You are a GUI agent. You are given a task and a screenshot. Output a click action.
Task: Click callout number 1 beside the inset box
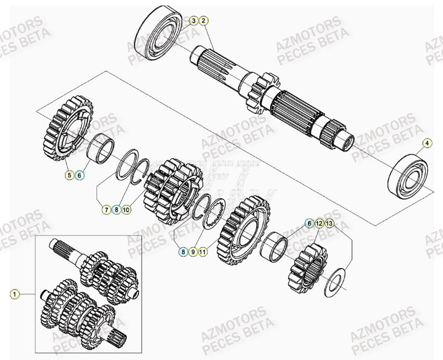pyautogui.click(x=15, y=294)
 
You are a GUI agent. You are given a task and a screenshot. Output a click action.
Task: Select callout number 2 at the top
pyautogui.click(x=203, y=21)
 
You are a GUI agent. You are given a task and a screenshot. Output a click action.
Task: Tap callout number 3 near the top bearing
pyautogui.click(x=193, y=21)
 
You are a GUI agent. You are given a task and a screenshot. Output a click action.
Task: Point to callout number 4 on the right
pyautogui.click(x=428, y=144)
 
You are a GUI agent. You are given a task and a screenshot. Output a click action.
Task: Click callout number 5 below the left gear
pyautogui.click(x=69, y=175)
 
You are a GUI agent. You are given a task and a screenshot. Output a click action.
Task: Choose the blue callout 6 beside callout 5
pyautogui.click(x=79, y=175)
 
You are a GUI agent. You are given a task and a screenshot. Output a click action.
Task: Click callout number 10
pyautogui.click(x=126, y=209)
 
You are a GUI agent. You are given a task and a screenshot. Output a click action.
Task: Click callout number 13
pyautogui.click(x=329, y=223)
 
